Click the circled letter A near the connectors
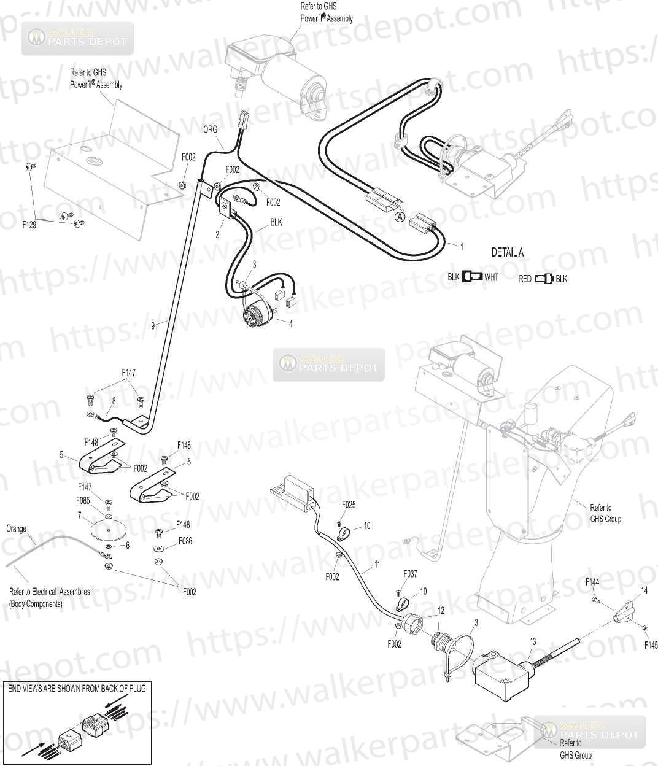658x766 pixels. pyautogui.click(x=399, y=216)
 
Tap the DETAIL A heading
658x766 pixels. pyautogui.click(x=507, y=252)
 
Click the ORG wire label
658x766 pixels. pyautogui.click(x=210, y=130)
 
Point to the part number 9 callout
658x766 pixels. pyautogui.click(x=153, y=325)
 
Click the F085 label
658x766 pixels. pyautogui.click(x=83, y=500)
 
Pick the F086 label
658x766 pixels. pyautogui.click(x=185, y=541)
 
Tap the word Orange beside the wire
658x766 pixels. pyautogui.click(x=17, y=528)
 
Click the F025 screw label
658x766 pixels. pyautogui.click(x=348, y=505)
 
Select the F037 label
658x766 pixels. pyautogui.click(x=410, y=574)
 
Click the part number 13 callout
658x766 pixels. pyautogui.click(x=533, y=641)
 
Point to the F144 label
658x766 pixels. pyautogui.click(x=592, y=581)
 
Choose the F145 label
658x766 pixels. pyautogui.click(x=651, y=645)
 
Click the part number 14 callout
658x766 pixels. pyautogui.click(x=644, y=590)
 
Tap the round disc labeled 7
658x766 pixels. pyautogui.click(x=107, y=529)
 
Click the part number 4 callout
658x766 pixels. pyautogui.click(x=290, y=324)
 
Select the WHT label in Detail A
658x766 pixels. pyautogui.click(x=491, y=277)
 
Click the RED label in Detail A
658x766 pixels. pyautogui.click(x=525, y=279)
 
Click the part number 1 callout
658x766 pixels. pyautogui.click(x=462, y=246)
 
